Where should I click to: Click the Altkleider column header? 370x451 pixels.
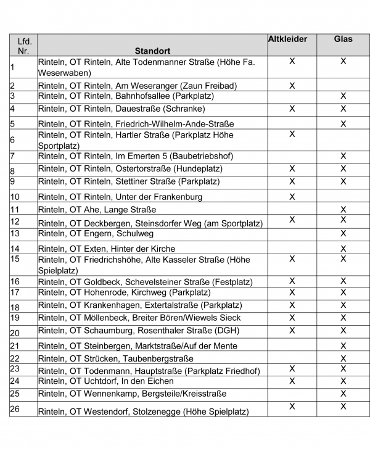(292, 39)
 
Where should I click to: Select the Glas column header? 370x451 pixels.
(343, 39)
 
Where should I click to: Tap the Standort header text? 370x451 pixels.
(152, 51)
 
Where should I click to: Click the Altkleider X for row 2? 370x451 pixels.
(292, 85)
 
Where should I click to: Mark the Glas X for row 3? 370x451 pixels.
(343, 96)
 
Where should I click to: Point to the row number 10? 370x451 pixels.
(15, 197)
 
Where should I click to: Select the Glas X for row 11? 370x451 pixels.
(343, 210)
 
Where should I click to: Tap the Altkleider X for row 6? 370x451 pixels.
(292, 134)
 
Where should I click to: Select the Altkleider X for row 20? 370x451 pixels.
(292, 331)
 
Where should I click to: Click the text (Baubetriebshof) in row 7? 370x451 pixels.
(186, 156)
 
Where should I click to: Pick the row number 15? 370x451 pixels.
(15, 259)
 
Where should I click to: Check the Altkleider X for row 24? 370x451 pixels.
(292, 381)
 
